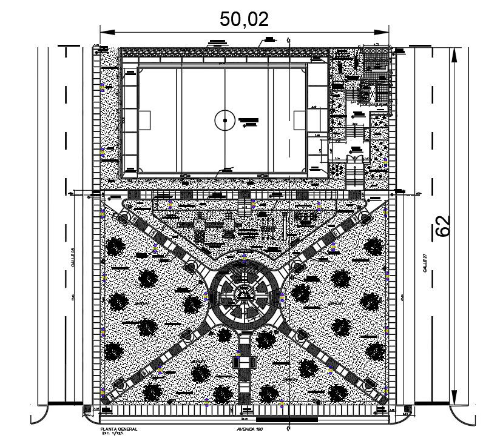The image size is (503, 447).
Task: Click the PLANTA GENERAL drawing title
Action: tap(119, 429)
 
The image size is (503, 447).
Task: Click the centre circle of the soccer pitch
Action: tap(224, 121)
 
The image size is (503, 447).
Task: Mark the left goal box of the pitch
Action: tap(144, 120)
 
